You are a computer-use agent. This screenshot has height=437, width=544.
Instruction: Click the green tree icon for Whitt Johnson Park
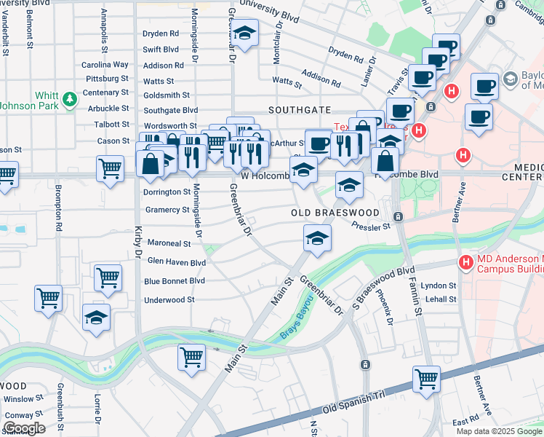click(70, 98)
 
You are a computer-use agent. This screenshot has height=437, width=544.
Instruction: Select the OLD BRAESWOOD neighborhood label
click(335, 213)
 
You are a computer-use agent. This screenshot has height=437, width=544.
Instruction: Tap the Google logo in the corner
click(24, 428)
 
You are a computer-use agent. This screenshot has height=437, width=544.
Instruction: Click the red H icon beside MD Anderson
click(465, 261)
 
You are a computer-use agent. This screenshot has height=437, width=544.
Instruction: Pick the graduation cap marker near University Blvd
click(244, 33)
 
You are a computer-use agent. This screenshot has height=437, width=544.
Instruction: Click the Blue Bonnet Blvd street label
click(175, 280)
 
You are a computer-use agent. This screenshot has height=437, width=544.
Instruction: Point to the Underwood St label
click(169, 299)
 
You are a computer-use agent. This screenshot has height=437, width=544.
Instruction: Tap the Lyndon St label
click(439, 286)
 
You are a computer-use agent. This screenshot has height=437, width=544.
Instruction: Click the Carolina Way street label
click(105, 64)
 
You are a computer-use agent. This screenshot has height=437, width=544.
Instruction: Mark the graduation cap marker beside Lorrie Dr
click(96, 318)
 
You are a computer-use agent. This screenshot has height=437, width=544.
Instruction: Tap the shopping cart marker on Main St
click(191, 356)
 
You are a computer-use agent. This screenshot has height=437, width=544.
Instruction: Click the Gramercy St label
click(167, 210)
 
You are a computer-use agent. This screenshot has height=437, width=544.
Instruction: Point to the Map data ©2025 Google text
click(498, 431)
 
